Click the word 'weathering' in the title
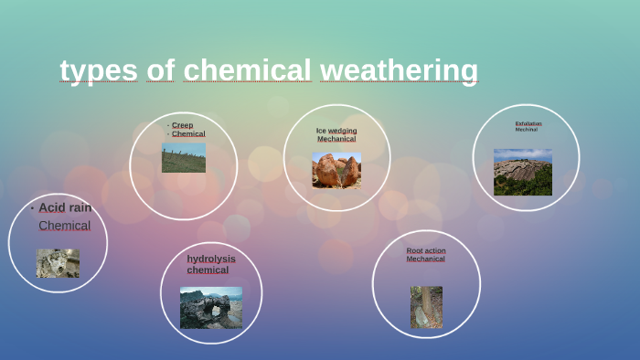tap(399, 70)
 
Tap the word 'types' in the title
tap(99, 70)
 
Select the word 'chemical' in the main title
tap(247, 70)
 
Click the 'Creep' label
tap(182, 125)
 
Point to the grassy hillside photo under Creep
tap(184, 157)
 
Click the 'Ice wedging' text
tap(336, 131)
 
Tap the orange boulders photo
tap(336, 170)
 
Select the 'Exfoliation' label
tap(528, 123)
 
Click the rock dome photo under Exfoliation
tap(523, 173)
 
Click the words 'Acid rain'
tap(65, 207)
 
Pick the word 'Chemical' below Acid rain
tap(64, 226)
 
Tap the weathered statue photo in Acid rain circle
tap(58, 263)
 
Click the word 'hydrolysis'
tap(211, 259)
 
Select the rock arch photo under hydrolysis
tap(211, 307)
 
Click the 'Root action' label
tap(426, 250)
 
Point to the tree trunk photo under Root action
tap(426, 307)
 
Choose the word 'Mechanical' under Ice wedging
tap(336, 139)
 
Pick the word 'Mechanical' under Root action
tap(426, 259)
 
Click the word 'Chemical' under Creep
tap(188, 133)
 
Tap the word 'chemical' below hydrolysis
tap(208, 270)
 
